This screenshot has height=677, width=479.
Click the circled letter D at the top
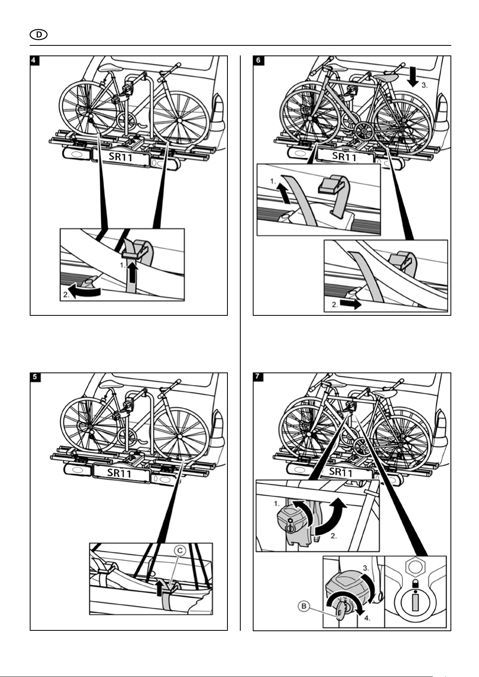[x=39, y=35]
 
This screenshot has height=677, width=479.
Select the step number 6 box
[x=258, y=60]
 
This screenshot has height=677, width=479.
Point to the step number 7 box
[x=258, y=377]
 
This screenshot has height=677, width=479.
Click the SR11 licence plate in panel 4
[x=121, y=157]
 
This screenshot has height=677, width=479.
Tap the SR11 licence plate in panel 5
[x=120, y=472]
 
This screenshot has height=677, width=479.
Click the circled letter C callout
[x=180, y=551]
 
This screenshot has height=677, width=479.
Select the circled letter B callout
[x=304, y=613]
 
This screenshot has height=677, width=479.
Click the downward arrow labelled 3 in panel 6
[x=413, y=78]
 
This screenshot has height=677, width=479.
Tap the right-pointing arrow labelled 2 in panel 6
[x=350, y=304]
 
